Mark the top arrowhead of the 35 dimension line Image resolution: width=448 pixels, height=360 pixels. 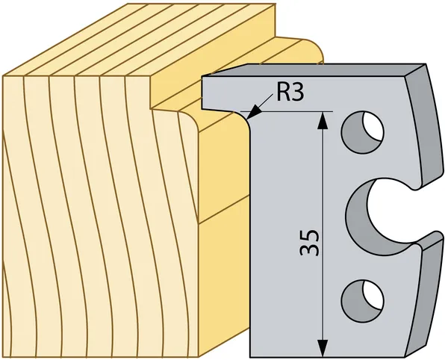(x=323, y=120)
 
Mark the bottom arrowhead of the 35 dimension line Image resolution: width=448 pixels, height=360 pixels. (x=323, y=348)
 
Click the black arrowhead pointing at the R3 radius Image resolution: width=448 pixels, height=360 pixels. (x=252, y=113)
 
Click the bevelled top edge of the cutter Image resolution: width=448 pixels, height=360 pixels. (x=314, y=71)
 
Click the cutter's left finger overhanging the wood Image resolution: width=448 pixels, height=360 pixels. (x=224, y=93)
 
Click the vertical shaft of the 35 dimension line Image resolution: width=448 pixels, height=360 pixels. (x=323, y=187)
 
